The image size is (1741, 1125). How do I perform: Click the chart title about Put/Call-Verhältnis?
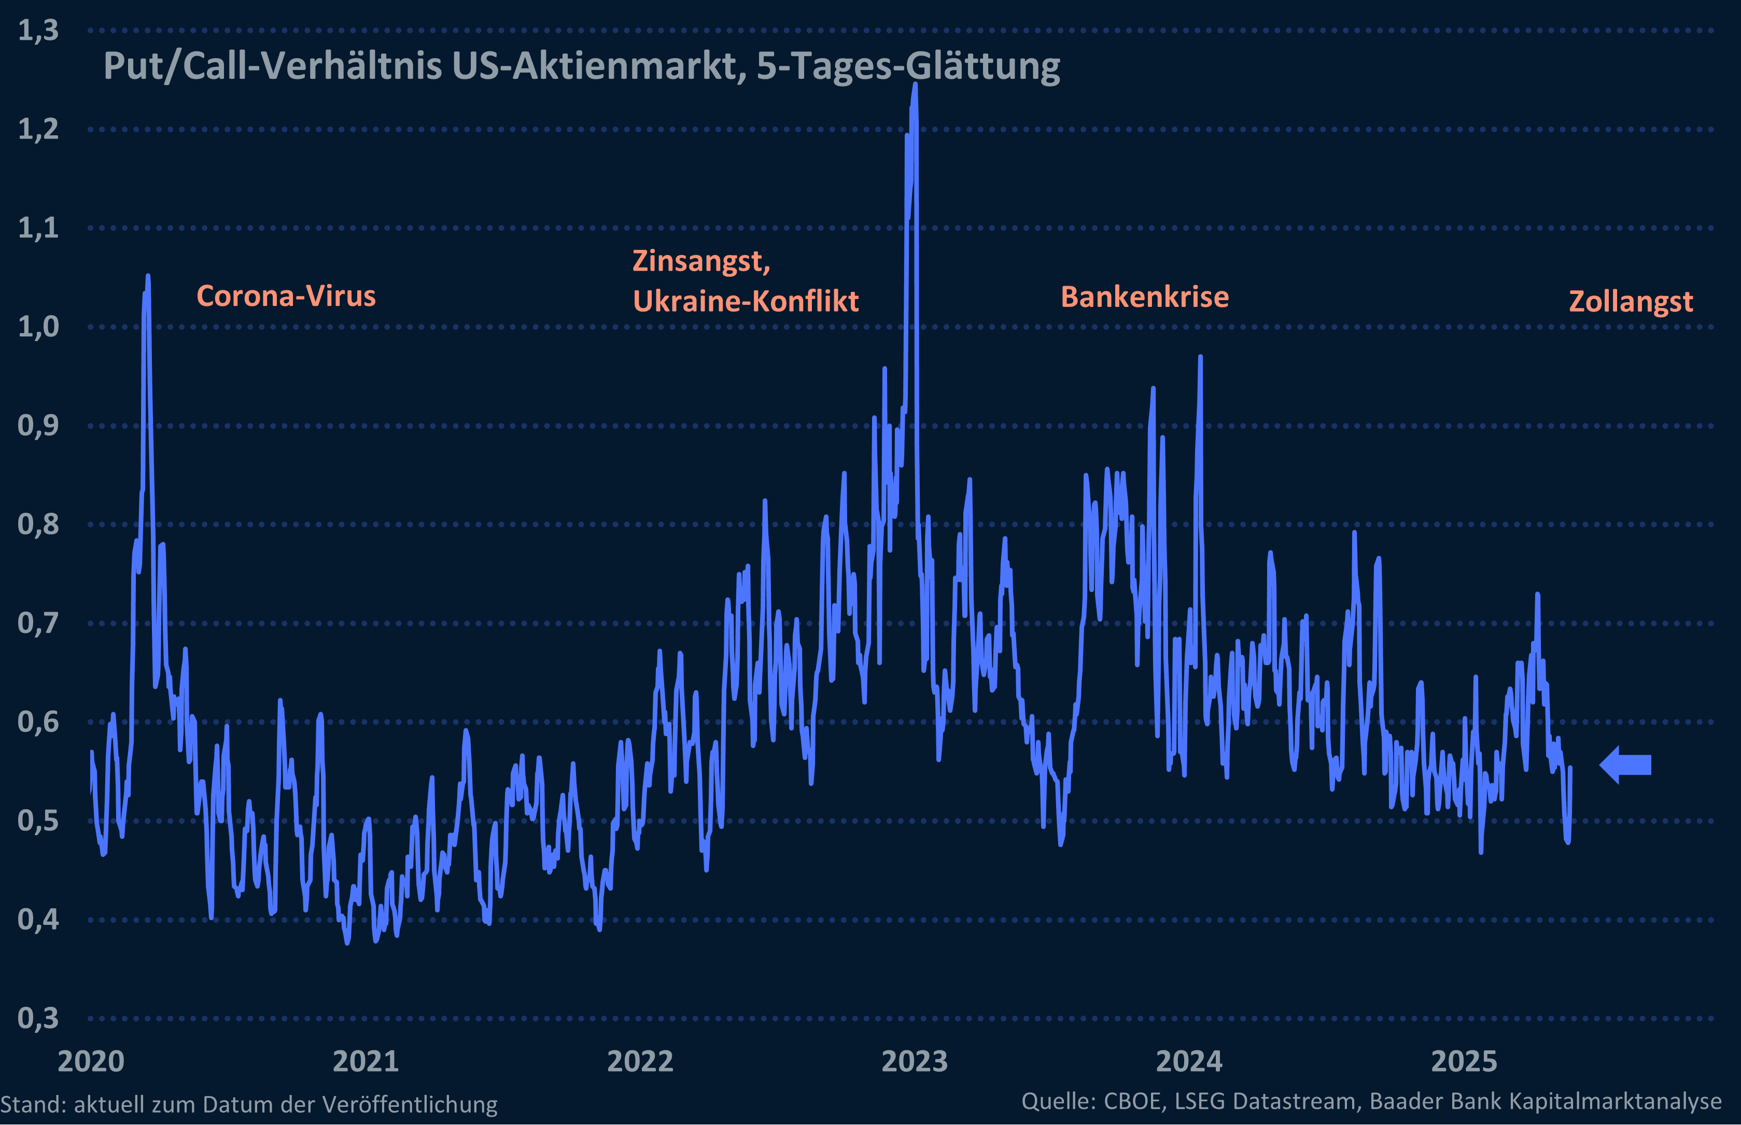pyautogui.click(x=582, y=66)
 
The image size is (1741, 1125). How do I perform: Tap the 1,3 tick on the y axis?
pyautogui.click(x=38, y=31)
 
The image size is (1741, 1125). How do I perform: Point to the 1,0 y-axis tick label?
pyautogui.click(x=38, y=327)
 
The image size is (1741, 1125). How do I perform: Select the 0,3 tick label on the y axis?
pyautogui.click(x=38, y=1018)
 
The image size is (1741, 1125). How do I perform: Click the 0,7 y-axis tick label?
pyautogui.click(x=38, y=623)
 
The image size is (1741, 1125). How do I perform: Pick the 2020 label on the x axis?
pyautogui.click(x=91, y=1061)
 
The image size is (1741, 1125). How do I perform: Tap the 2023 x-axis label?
pyautogui.click(x=915, y=1061)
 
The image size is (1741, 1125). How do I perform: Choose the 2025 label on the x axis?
pyautogui.click(x=1464, y=1061)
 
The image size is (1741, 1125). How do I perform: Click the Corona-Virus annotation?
pyautogui.click(x=286, y=296)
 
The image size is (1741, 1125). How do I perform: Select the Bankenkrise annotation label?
pyautogui.click(x=1144, y=297)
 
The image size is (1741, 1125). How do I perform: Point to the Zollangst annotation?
pyautogui.click(x=1631, y=302)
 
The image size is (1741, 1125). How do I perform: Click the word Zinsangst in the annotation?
pyautogui.click(x=700, y=261)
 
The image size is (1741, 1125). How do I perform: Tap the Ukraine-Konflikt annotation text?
pyautogui.click(x=745, y=301)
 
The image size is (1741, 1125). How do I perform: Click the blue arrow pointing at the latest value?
pyautogui.click(x=1625, y=765)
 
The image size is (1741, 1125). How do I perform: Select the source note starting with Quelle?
pyautogui.click(x=1371, y=1101)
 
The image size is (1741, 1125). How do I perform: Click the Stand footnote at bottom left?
pyautogui.click(x=248, y=1104)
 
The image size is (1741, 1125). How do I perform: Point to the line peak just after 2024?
pyautogui.click(x=1200, y=357)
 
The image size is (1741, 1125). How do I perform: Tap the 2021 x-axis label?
pyautogui.click(x=366, y=1061)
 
